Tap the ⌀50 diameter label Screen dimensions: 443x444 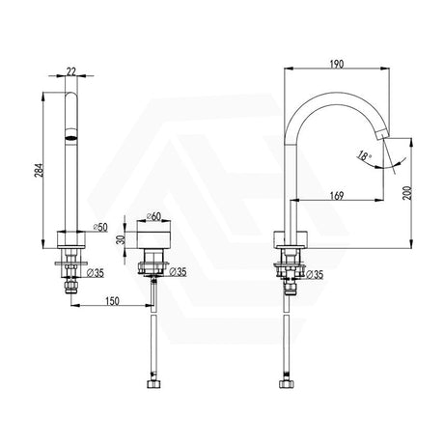tap(97, 228)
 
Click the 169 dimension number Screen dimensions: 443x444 tap(336, 194)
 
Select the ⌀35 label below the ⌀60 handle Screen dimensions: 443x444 tap(178, 273)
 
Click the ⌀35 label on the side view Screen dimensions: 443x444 tap(316, 273)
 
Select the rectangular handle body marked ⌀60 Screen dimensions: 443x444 tap(154, 240)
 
